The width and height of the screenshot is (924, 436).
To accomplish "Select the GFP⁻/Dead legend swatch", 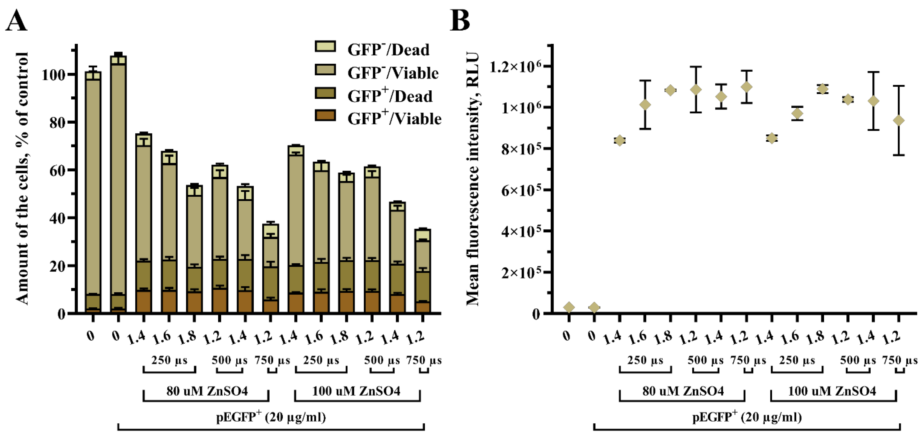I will (x=325, y=47).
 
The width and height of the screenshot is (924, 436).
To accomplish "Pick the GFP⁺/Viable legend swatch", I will (x=325, y=115).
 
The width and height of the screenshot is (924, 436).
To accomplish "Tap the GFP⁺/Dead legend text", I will (x=390, y=96).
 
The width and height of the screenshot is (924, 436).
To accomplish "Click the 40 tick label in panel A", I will (x=57, y=218).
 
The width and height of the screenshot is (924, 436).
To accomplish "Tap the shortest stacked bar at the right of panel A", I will (x=423, y=269).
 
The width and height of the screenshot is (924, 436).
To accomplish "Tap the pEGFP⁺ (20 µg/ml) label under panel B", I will (x=747, y=417).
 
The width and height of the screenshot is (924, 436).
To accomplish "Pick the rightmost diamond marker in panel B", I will (x=899, y=121).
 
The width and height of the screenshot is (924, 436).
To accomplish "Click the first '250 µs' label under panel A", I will (x=169, y=360).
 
